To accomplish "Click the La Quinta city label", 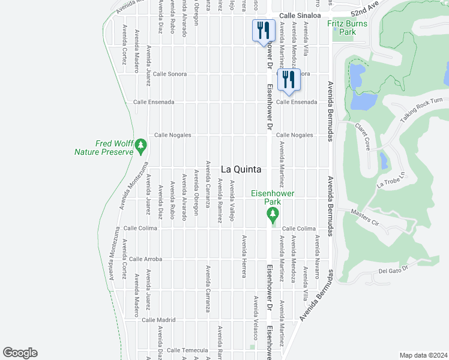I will tap(241, 170).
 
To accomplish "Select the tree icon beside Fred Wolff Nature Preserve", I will tap(140, 145).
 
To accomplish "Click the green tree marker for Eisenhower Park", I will tap(273, 214).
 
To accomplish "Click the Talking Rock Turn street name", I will tap(421, 110).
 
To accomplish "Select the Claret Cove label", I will tap(366, 134).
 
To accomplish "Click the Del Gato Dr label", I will tap(394, 270).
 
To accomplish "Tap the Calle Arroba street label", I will tap(145, 259).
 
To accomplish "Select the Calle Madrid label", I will tap(158, 320).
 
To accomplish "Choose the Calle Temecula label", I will tap(187, 350).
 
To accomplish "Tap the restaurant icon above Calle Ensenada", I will tap(289, 80).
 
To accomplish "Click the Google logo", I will tap(20, 353).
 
